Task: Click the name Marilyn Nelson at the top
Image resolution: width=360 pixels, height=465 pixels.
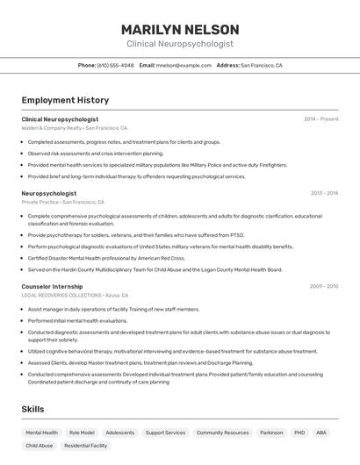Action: (x=179, y=29)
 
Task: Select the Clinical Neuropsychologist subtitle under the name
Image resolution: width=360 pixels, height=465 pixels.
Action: (x=179, y=43)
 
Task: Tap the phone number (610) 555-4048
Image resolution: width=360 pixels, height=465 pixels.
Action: (x=115, y=65)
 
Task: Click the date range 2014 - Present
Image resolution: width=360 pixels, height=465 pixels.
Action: (x=320, y=119)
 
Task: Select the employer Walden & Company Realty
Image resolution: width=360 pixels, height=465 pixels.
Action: (x=51, y=128)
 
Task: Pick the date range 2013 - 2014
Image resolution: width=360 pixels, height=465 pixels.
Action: (x=324, y=193)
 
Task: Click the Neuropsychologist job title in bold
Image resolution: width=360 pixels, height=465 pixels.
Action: (x=48, y=193)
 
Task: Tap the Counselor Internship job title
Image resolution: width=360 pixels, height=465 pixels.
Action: (x=52, y=286)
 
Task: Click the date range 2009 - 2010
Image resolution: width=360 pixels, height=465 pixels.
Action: (x=323, y=286)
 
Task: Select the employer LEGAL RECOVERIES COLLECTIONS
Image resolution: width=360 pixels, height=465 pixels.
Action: (x=61, y=296)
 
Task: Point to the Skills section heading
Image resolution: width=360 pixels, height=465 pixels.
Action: (x=33, y=410)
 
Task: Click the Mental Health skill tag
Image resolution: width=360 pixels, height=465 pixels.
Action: (x=41, y=433)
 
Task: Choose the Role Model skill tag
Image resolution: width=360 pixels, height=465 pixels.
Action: (x=82, y=433)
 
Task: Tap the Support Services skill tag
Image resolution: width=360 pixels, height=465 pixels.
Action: (x=165, y=433)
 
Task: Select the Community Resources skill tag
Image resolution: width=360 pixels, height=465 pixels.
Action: (x=222, y=433)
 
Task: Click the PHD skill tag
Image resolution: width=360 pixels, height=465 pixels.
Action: (x=299, y=433)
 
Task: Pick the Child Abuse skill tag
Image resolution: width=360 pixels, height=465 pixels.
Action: (x=39, y=446)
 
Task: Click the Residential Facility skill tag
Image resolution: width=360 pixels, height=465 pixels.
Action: (x=85, y=446)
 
